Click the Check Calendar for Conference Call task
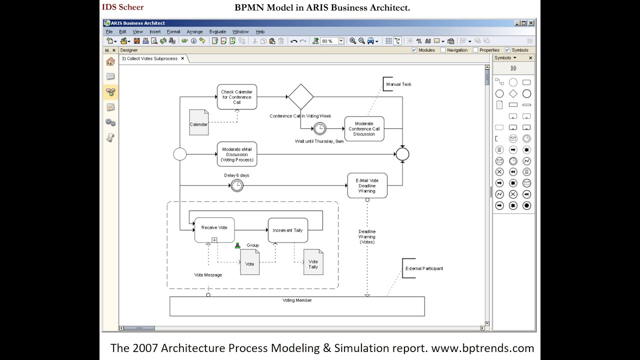236,97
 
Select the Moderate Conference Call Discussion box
364,129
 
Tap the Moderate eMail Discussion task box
236,154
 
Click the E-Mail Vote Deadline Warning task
367,185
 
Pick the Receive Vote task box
214,230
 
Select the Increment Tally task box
287,230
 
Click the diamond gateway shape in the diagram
300,96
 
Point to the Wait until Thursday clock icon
319,128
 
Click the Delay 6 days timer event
237,185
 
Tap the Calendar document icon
198,122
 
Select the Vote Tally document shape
313,262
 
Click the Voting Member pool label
297,300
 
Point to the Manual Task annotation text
398,84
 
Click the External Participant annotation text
424,268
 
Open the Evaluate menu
217,31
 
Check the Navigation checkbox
443,50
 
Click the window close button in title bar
531,23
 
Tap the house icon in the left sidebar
110,61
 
